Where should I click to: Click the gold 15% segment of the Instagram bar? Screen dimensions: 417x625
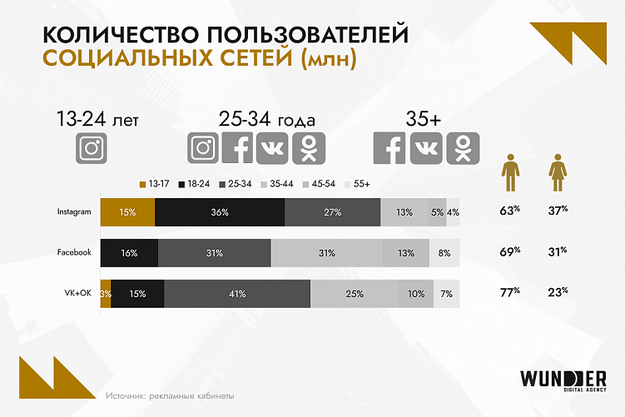tap(127, 212)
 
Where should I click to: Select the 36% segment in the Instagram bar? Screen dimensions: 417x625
tap(220, 212)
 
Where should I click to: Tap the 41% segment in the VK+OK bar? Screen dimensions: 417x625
tap(237, 293)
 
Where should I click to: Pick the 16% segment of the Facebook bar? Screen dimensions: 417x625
tap(129, 252)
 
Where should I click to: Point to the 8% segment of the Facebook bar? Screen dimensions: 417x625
tap(444, 252)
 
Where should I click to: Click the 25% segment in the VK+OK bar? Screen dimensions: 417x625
tap(355, 293)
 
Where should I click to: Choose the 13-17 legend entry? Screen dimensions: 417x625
tap(154, 183)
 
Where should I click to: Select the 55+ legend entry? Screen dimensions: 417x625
tap(356, 183)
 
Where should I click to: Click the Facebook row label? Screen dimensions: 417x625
tap(73, 252)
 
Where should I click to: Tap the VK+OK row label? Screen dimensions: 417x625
tap(77, 293)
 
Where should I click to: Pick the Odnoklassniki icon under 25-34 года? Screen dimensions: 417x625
tap(308, 148)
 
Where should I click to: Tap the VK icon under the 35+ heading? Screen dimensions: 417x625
tap(426, 148)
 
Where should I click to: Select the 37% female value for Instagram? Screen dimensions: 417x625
tap(558, 211)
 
